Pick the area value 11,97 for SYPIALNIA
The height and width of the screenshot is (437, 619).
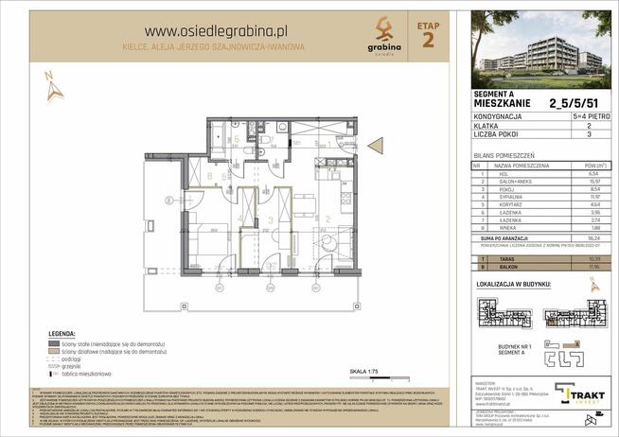coord(594,198)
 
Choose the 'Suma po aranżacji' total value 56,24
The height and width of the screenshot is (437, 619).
coord(594,238)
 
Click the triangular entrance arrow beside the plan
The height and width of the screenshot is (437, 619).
coord(374,145)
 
